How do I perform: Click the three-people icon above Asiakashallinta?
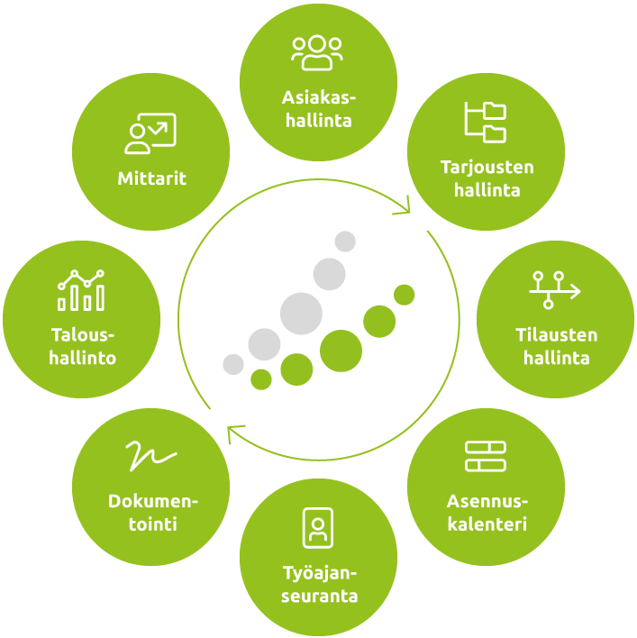[x=317, y=53]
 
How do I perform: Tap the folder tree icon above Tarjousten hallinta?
[x=486, y=122]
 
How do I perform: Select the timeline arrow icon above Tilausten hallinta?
[x=555, y=290]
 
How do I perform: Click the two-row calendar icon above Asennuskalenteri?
[x=486, y=456]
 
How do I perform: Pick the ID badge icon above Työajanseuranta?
[x=318, y=528]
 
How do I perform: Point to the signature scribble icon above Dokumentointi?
[x=150, y=456]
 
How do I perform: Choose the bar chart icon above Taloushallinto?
[x=81, y=290]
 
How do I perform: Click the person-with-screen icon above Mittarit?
[x=150, y=133]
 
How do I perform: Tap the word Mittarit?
[x=151, y=178]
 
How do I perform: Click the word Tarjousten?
[x=487, y=168]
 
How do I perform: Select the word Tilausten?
[x=557, y=335]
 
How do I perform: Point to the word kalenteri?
[x=487, y=524]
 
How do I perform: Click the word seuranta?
[x=319, y=596]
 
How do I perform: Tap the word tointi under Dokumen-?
[x=153, y=524]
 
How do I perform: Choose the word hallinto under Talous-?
[x=83, y=358]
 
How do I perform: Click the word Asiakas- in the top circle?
[x=319, y=97]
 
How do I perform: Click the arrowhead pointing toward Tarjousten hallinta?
[x=404, y=206]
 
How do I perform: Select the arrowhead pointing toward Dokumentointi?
[x=234, y=433]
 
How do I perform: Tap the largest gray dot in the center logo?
[x=301, y=314]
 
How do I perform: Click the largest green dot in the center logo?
[x=341, y=351]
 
